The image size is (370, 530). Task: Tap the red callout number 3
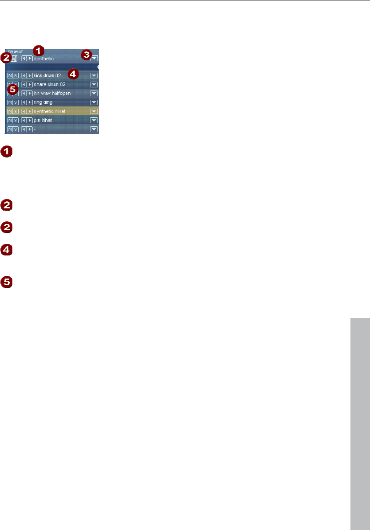point(86,55)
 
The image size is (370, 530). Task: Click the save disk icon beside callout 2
point(14,58)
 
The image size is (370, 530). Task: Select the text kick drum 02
point(47,76)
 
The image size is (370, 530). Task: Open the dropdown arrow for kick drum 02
point(94,76)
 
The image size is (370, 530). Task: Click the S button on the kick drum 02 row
point(16,76)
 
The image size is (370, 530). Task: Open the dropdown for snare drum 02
point(94,84)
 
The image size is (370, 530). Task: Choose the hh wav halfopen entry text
point(52,93)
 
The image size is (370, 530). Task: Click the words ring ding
point(43,102)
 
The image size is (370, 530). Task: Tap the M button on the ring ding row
point(10,102)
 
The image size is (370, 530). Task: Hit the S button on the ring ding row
point(16,102)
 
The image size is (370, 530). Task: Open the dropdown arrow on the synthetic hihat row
point(94,111)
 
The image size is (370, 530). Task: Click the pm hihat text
point(43,120)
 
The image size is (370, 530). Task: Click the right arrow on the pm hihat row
point(30,120)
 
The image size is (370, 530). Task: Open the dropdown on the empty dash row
point(94,129)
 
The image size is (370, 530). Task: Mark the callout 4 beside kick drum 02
point(73,74)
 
